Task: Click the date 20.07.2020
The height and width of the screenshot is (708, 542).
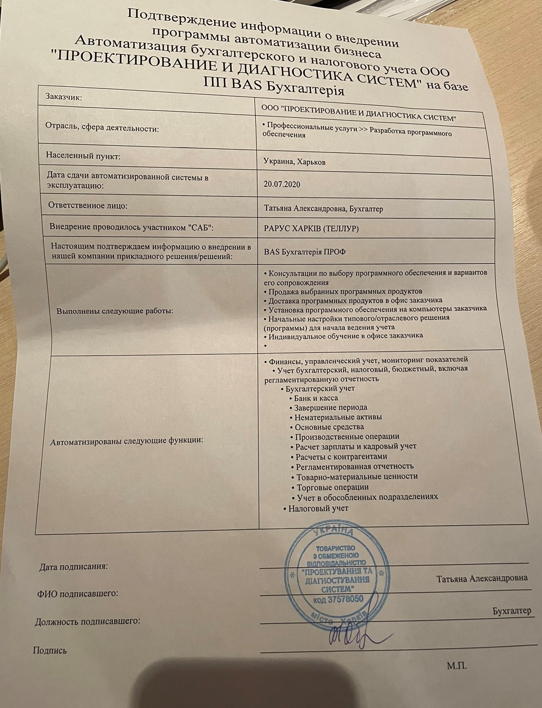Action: point(282,184)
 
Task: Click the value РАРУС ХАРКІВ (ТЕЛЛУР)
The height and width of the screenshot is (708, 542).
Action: point(311,229)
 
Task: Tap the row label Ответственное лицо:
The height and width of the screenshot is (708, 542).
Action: point(88,206)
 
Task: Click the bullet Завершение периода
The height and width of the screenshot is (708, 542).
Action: point(331,407)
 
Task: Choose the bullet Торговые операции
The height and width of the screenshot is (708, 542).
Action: point(332,487)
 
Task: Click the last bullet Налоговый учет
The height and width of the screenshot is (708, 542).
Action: point(318,508)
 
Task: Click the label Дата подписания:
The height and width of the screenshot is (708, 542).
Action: point(73,567)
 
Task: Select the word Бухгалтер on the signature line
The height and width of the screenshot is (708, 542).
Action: point(512,611)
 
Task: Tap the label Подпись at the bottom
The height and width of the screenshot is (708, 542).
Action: point(49,650)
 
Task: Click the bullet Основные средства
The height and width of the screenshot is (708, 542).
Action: point(329,427)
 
